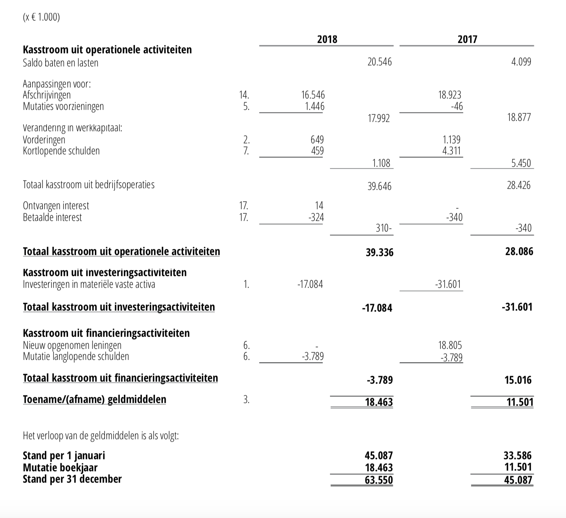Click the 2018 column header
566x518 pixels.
pyautogui.click(x=327, y=39)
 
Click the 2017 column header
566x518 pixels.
pyautogui.click(x=467, y=39)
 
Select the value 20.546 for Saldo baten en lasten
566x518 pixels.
pyautogui.click(x=380, y=62)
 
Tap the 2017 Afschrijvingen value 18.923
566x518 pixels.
pyautogui.click(x=450, y=95)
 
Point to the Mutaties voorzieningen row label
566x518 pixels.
pyautogui.click(x=63, y=106)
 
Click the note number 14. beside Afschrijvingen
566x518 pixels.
pyautogui.click(x=244, y=95)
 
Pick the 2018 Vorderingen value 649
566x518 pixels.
pyautogui.click(x=317, y=140)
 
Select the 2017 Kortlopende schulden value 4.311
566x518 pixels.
pyautogui.click(x=452, y=151)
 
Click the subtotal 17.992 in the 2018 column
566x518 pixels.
pyautogui.click(x=379, y=119)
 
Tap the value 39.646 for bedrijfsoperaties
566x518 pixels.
pyautogui.click(x=379, y=187)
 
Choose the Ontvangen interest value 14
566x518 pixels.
pyautogui.click(x=319, y=206)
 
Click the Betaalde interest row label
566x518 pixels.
pyautogui.click(x=52, y=217)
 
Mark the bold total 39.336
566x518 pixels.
pyautogui.click(x=380, y=252)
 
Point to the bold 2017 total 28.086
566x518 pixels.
pyautogui.click(x=519, y=251)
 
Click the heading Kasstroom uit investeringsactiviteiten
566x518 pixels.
pyautogui.click(x=105, y=272)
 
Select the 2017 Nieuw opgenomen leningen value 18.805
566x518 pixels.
pyautogui.click(x=450, y=345)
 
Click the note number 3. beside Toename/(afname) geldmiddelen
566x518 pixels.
pyautogui.click(x=246, y=400)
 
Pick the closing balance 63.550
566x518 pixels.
pyautogui.click(x=379, y=480)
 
